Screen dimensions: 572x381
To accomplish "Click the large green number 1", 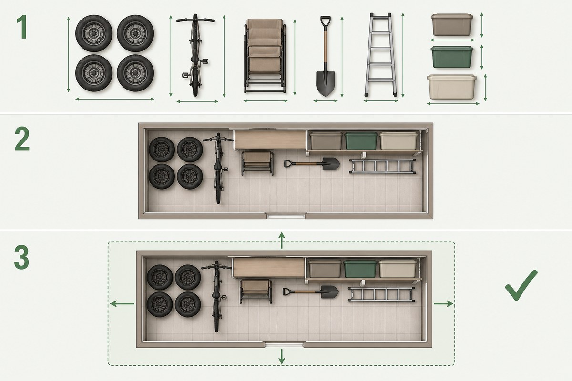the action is point(22,27).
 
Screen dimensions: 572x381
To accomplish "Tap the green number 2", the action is point(22,139).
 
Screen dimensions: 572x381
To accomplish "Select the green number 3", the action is point(22,257).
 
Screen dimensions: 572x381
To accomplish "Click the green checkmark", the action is point(521,285).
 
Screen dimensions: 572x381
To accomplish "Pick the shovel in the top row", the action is point(325,56).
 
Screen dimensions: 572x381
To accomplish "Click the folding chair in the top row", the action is point(265,56).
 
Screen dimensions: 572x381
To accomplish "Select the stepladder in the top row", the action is point(381,55).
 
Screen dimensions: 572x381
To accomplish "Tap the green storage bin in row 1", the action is point(452,57).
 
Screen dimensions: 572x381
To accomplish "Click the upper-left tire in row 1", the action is point(94,33).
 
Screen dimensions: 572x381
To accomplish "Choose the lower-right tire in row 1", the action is point(135,73).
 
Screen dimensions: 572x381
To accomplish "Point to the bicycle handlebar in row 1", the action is point(195,20).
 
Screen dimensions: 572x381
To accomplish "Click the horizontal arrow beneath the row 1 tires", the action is point(115,99).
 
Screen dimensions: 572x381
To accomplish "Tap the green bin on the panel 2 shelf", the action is point(361,140).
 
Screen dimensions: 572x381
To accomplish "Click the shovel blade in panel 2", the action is point(331,164).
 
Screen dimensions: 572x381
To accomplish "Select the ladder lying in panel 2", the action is point(382,166).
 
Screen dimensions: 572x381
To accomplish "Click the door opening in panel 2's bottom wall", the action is point(286,216).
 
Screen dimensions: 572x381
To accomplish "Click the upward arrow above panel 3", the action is point(281,240).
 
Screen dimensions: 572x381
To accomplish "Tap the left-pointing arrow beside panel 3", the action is point(122,304).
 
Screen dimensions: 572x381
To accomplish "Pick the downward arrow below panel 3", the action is point(282,357).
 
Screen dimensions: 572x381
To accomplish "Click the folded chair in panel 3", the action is point(255,291).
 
